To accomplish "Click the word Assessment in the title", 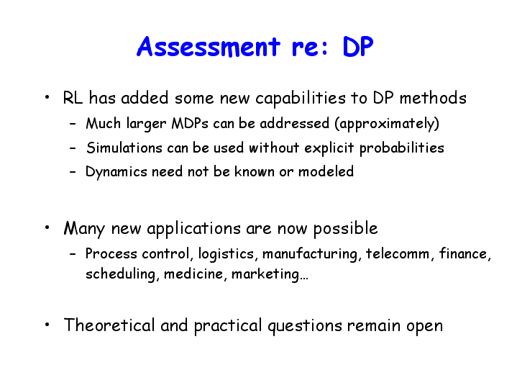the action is (x=209, y=47).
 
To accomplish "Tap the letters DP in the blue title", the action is (x=358, y=47).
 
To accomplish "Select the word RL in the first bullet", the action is (x=73, y=98).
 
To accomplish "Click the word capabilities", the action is (x=301, y=99).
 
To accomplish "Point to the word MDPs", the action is (x=190, y=124).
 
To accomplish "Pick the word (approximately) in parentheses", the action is (x=387, y=124).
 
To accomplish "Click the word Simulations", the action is (x=124, y=148).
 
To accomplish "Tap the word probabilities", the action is (x=402, y=148).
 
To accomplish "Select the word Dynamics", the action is (x=116, y=172).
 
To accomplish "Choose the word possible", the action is (x=345, y=229).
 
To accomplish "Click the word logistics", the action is (x=227, y=254).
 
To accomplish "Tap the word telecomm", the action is (x=398, y=254).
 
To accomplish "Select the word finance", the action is (x=463, y=254).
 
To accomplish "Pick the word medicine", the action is (x=193, y=274).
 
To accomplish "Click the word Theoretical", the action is (x=109, y=325).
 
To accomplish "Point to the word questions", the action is (x=305, y=326).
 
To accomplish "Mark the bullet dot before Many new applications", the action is (x=47, y=227).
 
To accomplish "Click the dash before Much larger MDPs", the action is (x=73, y=124).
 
